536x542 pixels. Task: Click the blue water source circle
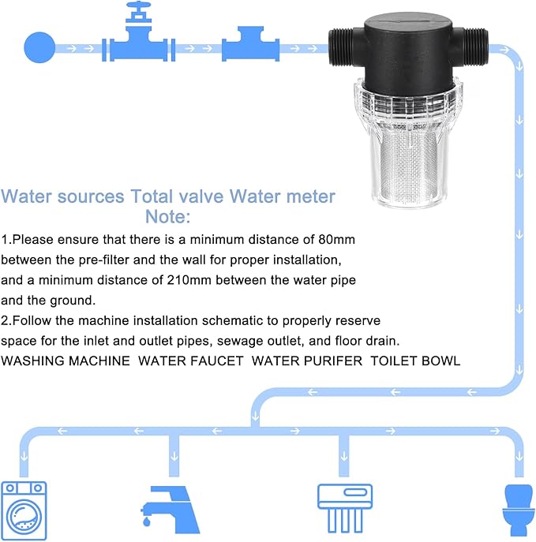39,47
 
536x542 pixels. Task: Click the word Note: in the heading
167,215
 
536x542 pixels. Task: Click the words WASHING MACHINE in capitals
66,361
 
